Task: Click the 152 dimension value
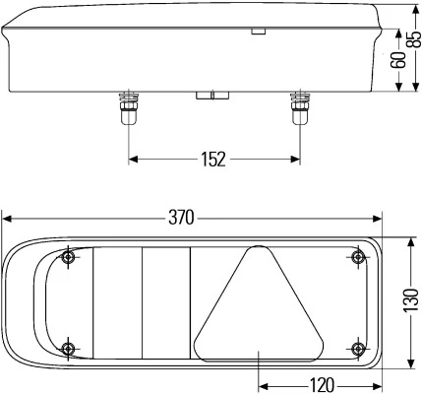click(x=213, y=159)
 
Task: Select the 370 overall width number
click(x=181, y=217)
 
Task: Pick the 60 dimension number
click(x=398, y=60)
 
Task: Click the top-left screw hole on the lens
click(x=67, y=259)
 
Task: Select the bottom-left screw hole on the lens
click(x=67, y=349)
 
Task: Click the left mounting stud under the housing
click(x=127, y=109)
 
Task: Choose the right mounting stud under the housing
click(x=299, y=109)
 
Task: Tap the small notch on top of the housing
click(x=258, y=32)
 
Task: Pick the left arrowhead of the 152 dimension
click(x=133, y=159)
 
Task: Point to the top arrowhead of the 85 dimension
click(x=412, y=6)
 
